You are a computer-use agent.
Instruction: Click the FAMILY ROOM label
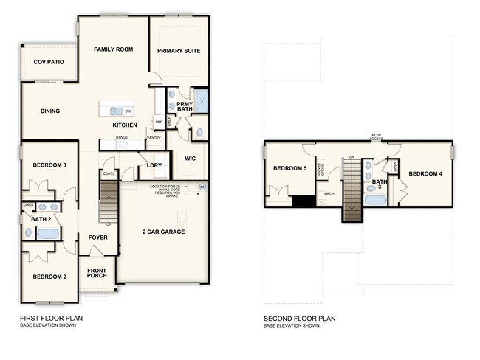[112, 49]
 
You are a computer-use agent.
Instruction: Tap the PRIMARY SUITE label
[179, 51]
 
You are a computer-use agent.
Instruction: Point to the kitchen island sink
[115, 111]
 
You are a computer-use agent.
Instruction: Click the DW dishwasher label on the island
[128, 111]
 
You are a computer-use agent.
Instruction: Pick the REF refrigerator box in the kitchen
[159, 122]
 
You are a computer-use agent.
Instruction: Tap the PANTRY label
[154, 137]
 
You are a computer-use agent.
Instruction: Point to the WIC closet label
[188, 158]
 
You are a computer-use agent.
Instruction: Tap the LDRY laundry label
[154, 165]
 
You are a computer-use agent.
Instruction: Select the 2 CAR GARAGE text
[163, 232]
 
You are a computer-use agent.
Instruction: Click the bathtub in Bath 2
[48, 234]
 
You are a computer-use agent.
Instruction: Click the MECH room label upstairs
[329, 193]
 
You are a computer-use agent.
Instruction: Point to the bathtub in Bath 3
[379, 197]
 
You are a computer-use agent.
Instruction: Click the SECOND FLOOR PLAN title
[300, 319]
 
